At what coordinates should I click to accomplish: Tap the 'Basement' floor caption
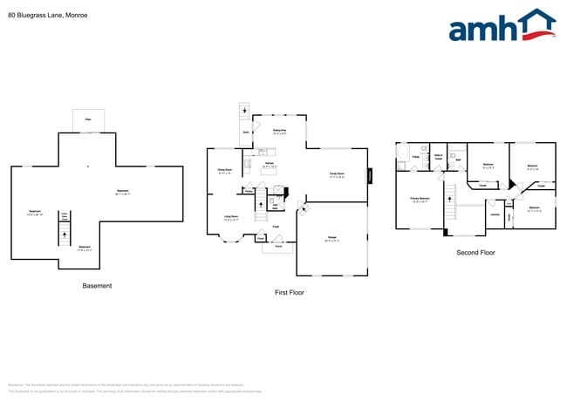(97, 286)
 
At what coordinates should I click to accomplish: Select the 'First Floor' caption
(289, 292)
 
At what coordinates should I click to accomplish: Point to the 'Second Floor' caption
(475, 253)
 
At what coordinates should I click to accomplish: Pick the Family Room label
(336, 174)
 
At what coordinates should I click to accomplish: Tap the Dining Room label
(225, 171)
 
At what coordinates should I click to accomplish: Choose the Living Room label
(232, 219)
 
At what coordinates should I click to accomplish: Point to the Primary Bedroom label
(420, 199)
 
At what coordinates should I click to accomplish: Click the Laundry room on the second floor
(495, 214)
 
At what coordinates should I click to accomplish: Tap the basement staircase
(64, 234)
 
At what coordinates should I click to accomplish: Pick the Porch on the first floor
(278, 246)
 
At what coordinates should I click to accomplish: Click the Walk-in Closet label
(439, 157)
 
